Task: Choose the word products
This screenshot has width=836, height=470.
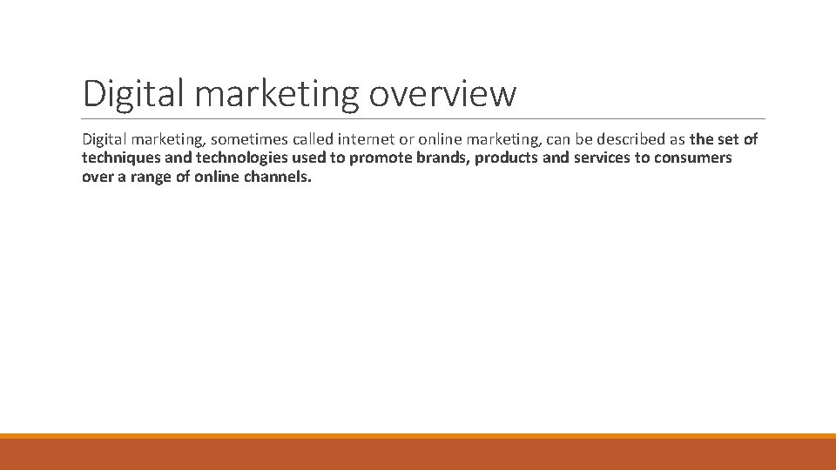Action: [x=506, y=158]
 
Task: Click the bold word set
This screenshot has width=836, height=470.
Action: [x=727, y=139]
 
